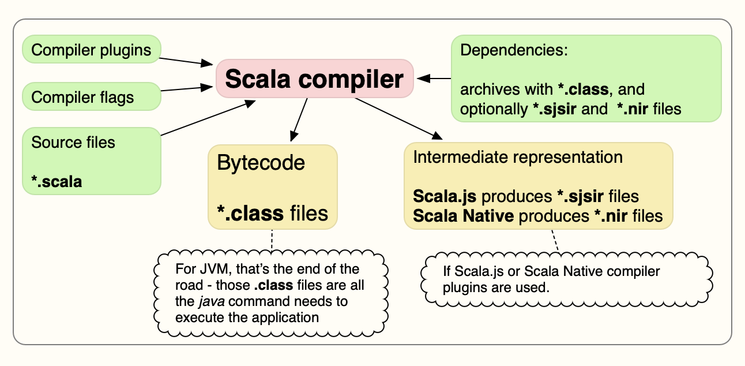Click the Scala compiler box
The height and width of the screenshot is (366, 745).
[315, 79]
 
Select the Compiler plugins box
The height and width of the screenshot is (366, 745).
[92, 49]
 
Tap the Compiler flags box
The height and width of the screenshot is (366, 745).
[92, 96]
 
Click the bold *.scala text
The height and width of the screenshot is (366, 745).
[57, 181]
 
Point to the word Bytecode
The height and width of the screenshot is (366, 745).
[261, 163]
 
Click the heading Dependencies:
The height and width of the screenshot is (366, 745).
[514, 50]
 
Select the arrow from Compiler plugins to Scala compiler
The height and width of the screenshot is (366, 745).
[186, 61]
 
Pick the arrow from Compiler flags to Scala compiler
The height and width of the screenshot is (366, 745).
[187, 88]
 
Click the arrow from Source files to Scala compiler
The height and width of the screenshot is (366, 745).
[208, 118]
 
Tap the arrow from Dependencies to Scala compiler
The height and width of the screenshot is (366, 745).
[434, 79]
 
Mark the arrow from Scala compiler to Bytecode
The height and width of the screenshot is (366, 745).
[299, 120]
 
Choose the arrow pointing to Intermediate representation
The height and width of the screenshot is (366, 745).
[398, 118]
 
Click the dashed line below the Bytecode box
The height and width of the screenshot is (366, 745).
[272, 240]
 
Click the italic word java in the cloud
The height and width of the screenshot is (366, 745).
[212, 301]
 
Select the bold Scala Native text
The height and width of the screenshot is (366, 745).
[463, 216]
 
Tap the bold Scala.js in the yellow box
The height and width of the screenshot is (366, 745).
[445, 196]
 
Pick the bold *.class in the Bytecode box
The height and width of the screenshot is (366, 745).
[250, 213]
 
